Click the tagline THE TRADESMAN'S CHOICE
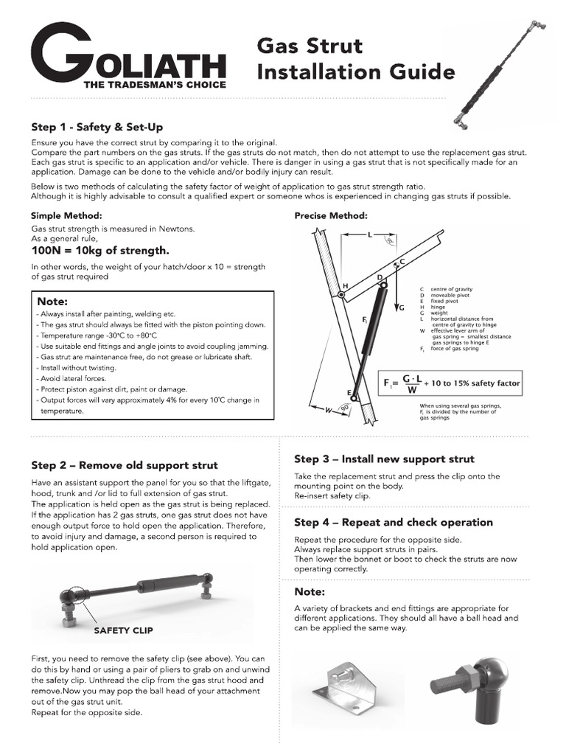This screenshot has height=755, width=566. click(155, 85)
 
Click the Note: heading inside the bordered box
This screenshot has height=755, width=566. click(52, 302)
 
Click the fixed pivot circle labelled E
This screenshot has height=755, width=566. click(355, 399)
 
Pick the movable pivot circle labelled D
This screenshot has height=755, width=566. click(383, 285)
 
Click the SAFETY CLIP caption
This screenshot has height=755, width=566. click(123, 631)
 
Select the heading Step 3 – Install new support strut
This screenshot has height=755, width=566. click(384, 459)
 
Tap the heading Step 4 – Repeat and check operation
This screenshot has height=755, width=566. click(393, 523)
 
